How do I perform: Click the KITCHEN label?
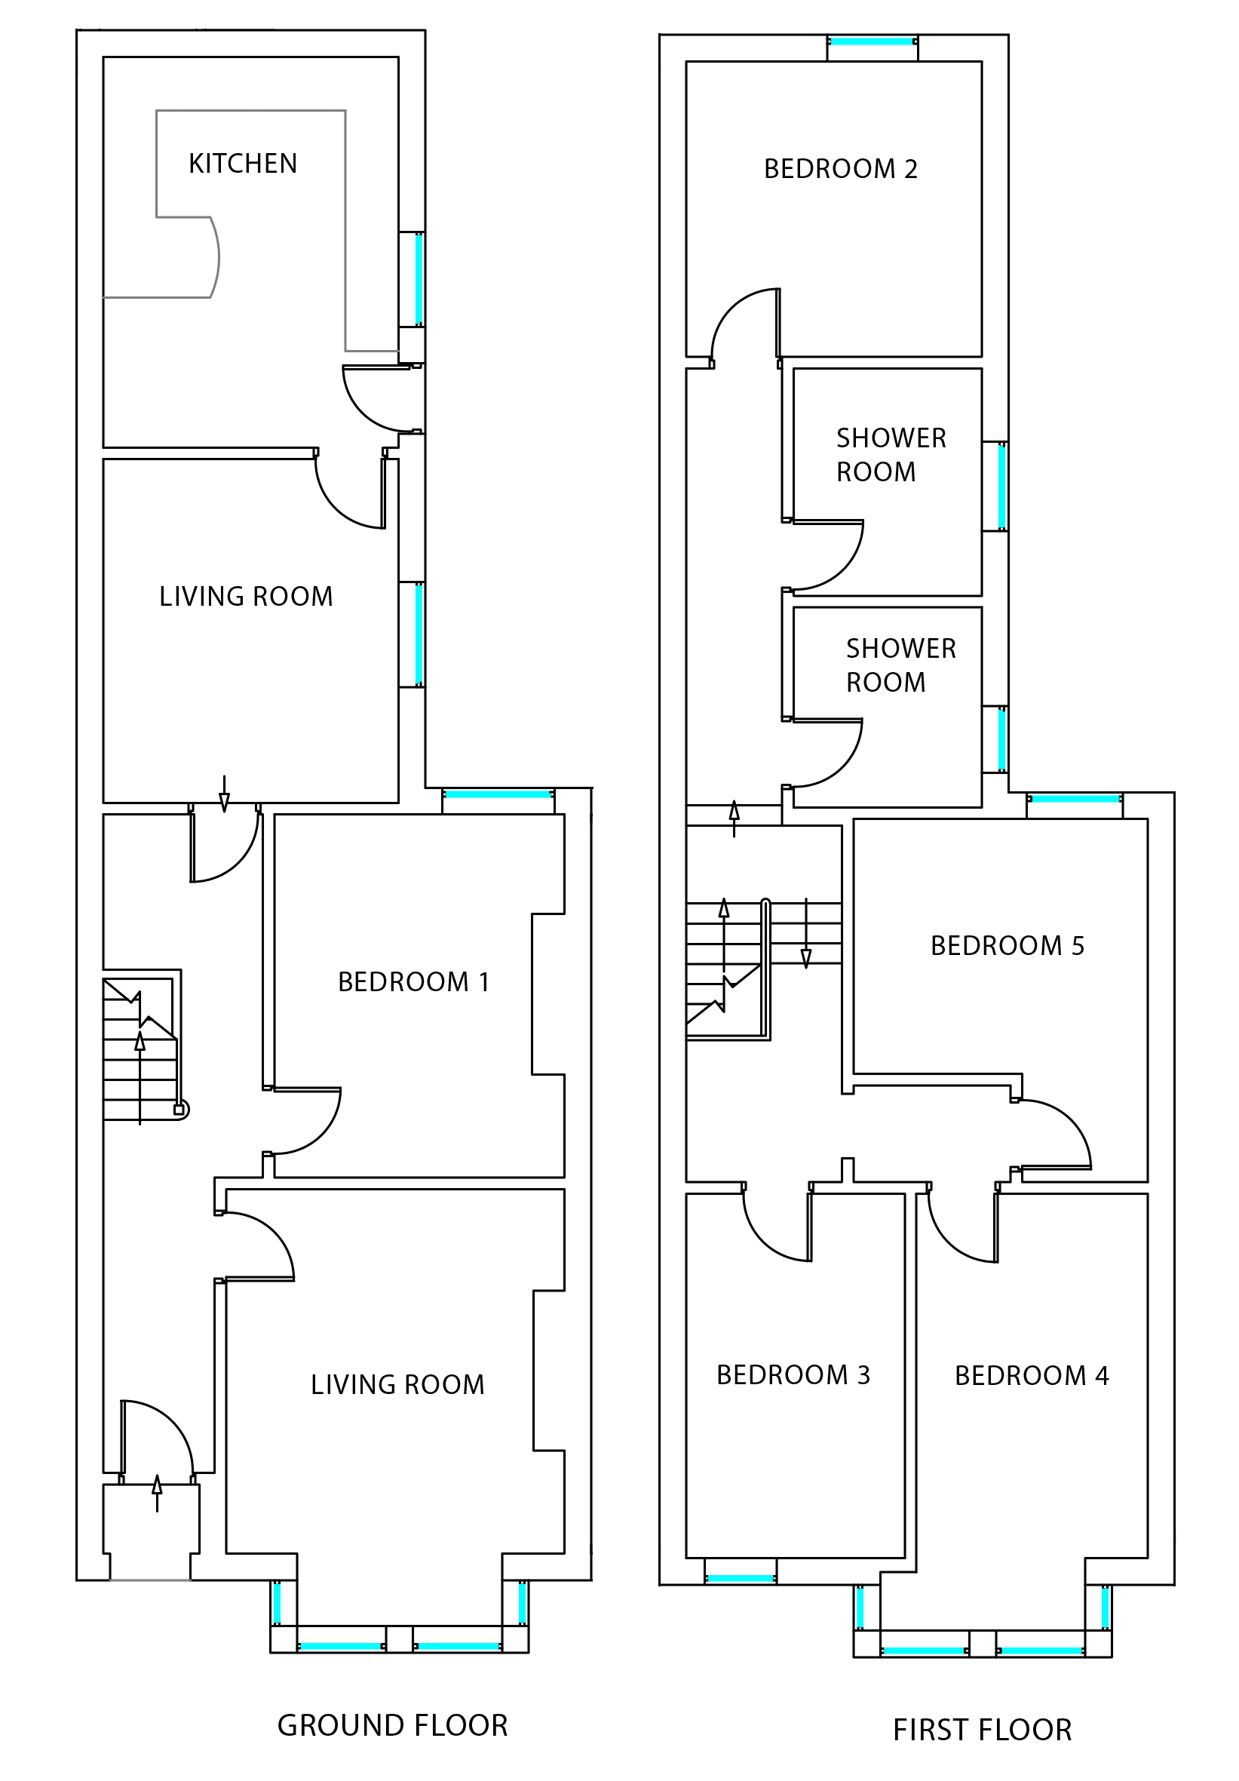[x=243, y=164]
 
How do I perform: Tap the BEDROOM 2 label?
[x=841, y=169]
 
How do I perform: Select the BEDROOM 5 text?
[x=1007, y=946]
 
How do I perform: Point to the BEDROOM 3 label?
[x=793, y=1374]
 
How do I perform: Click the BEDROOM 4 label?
[x=1031, y=1375]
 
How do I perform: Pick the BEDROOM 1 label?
[x=413, y=982]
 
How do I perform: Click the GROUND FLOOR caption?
[x=392, y=1724]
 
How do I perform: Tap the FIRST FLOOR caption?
[x=982, y=1729]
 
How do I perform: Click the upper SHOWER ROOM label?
[x=890, y=455]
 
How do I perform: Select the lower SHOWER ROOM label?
[x=900, y=665]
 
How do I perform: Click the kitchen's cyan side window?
[x=419, y=279]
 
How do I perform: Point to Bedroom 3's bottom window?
[x=740, y=1578]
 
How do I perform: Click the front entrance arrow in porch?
[x=158, y=1493]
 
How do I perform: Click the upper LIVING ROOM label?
[x=246, y=597]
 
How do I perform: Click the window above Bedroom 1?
[x=498, y=794]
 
